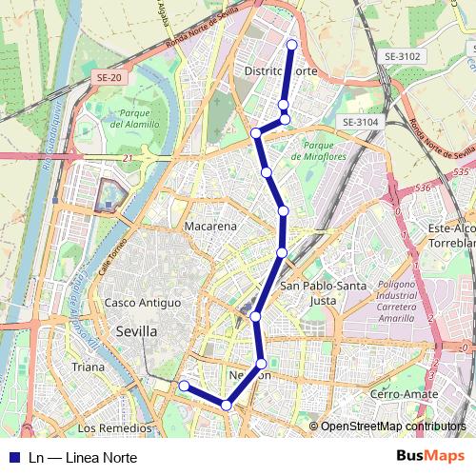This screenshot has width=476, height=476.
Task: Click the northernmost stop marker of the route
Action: [291, 45]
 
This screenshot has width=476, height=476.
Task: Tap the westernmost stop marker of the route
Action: [184, 386]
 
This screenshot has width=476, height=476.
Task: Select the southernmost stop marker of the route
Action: [227, 406]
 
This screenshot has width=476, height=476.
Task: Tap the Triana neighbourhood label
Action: [88, 367]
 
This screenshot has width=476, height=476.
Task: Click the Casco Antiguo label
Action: [143, 302]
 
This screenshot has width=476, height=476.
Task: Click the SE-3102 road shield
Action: [403, 57]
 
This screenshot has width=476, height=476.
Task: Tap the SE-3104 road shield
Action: [361, 122]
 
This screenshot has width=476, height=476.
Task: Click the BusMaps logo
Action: [430, 457]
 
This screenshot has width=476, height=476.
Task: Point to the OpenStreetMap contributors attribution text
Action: [393, 426]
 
